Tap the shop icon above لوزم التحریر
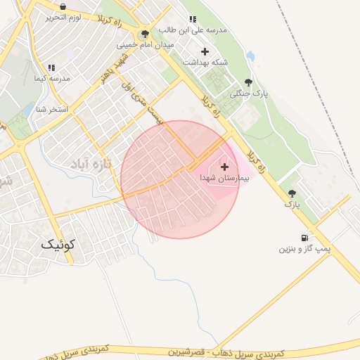63,6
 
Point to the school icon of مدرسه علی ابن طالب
191,19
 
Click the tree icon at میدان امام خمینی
145,34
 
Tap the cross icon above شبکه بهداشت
205,51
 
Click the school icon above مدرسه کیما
51,67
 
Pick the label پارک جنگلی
250,93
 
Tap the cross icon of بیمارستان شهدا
224,167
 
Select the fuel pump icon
304,238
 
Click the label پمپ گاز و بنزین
304,249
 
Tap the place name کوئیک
57,244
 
